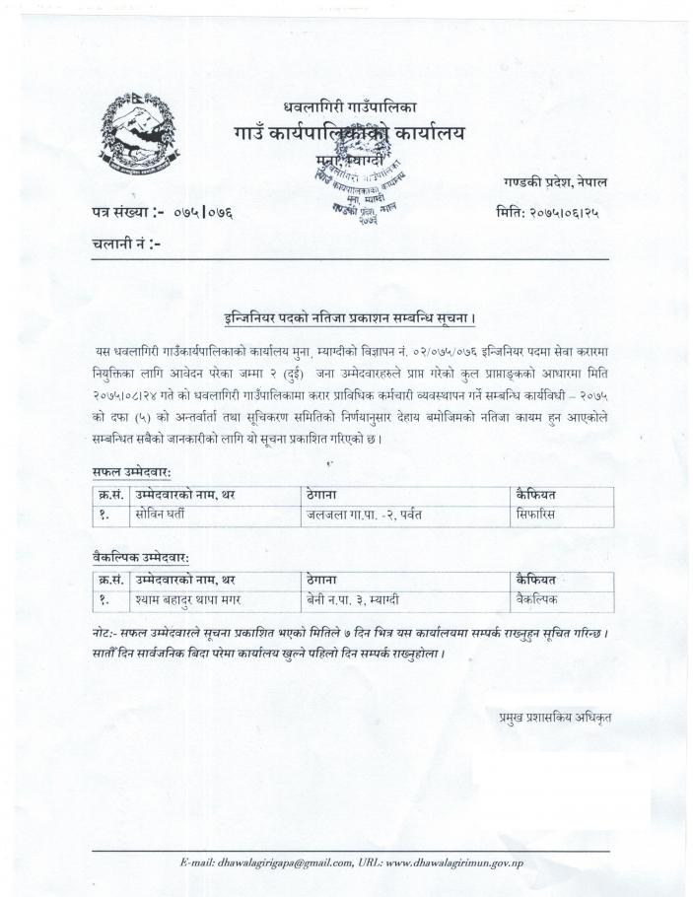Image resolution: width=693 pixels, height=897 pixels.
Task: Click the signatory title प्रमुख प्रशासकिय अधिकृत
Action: point(555,718)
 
